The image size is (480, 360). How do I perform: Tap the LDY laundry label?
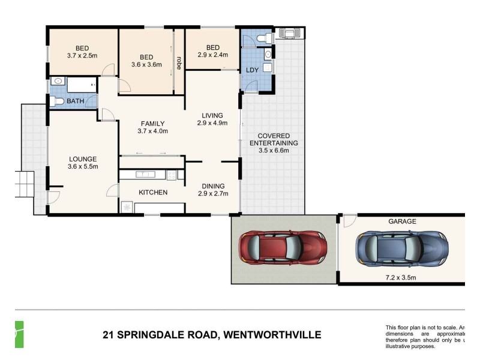coord(253,70)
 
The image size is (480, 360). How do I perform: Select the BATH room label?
coord(75,101)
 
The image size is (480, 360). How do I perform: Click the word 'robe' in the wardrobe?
coord(179,63)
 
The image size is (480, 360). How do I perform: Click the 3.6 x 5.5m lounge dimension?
coord(83,167)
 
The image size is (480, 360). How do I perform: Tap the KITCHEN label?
coord(153,193)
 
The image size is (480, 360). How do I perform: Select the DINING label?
coord(213,186)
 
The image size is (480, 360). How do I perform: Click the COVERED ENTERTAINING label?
coord(274,140)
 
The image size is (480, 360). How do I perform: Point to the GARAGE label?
coord(401,221)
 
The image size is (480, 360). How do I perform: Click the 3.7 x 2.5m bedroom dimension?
coord(83,56)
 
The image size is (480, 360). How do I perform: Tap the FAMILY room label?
coord(152,124)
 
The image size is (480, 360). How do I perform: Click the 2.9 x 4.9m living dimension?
coord(213,124)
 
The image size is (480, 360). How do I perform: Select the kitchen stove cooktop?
coord(171,175)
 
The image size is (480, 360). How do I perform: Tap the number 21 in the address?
coord(109,335)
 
